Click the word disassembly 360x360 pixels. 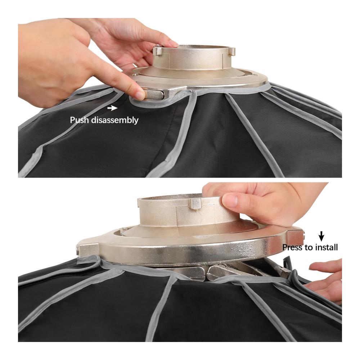pos(115,120)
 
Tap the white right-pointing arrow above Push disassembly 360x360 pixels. pos(112,108)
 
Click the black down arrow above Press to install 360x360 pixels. pos(321,237)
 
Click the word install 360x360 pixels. pos(326,247)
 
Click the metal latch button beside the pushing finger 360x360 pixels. pos(155,94)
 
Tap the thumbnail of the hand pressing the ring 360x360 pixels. pos(231,199)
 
